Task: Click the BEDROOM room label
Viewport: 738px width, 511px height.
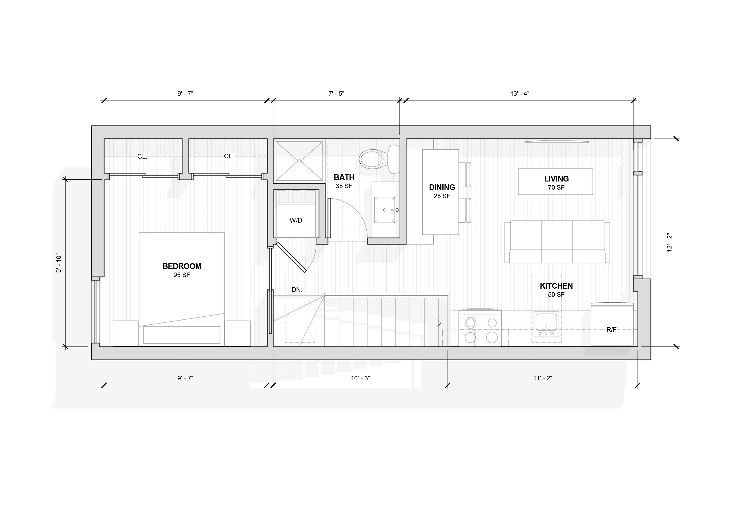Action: click(182, 266)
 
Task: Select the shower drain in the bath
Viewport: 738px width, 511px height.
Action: click(299, 161)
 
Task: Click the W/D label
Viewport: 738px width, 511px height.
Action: click(296, 220)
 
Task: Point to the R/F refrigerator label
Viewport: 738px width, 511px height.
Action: click(611, 330)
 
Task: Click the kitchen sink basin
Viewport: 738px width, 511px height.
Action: click(546, 324)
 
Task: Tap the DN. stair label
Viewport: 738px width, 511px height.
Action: click(297, 290)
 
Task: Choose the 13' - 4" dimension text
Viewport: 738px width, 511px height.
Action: click(520, 93)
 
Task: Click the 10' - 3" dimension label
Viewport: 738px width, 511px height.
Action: click(360, 378)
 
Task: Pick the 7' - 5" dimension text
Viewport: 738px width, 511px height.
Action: click(336, 93)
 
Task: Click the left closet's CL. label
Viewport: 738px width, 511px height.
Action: click(142, 157)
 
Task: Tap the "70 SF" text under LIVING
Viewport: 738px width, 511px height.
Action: click(556, 188)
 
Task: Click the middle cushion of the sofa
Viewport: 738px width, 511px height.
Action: click(557, 242)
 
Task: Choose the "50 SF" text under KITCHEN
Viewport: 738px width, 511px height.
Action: click(556, 294)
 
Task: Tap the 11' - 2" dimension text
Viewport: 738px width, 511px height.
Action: click(543, 378)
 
